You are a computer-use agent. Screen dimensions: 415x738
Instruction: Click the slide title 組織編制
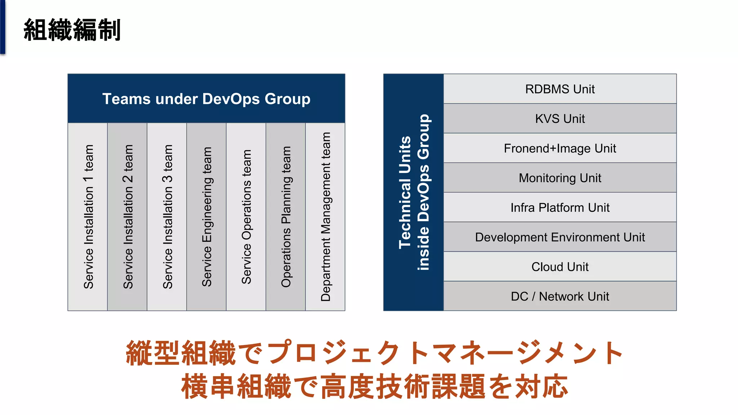pos(72,30)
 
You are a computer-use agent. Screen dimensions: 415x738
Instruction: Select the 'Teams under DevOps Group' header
pos(206,99)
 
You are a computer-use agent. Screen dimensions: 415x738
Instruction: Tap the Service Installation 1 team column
pos(88,217)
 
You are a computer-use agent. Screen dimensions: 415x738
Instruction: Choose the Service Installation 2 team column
pos(128,217)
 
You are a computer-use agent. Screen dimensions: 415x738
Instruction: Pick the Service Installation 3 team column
pos(167,217)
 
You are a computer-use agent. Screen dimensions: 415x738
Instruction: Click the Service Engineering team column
pos(206,217)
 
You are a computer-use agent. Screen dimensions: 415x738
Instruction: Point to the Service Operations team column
pos(246,217)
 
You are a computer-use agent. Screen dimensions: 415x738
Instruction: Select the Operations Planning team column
pos(286,217)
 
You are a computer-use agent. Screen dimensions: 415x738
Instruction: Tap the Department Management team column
pos(325,217)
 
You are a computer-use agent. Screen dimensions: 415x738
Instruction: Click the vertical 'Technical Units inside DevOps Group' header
pos(414,192)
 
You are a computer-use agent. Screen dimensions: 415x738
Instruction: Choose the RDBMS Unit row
pos(560,89)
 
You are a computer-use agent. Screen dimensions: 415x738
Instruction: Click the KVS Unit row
pos(560,119)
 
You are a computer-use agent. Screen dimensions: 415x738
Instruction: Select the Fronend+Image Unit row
pos(560,148)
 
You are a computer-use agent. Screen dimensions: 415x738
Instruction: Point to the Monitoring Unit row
pos(560,178)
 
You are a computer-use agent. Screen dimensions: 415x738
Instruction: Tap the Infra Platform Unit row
pos(560,207)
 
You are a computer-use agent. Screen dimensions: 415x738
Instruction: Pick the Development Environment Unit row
pos(560,237)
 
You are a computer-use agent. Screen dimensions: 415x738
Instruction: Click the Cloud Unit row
pos(560,267)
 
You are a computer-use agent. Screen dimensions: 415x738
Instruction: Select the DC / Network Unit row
pos(560,296)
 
